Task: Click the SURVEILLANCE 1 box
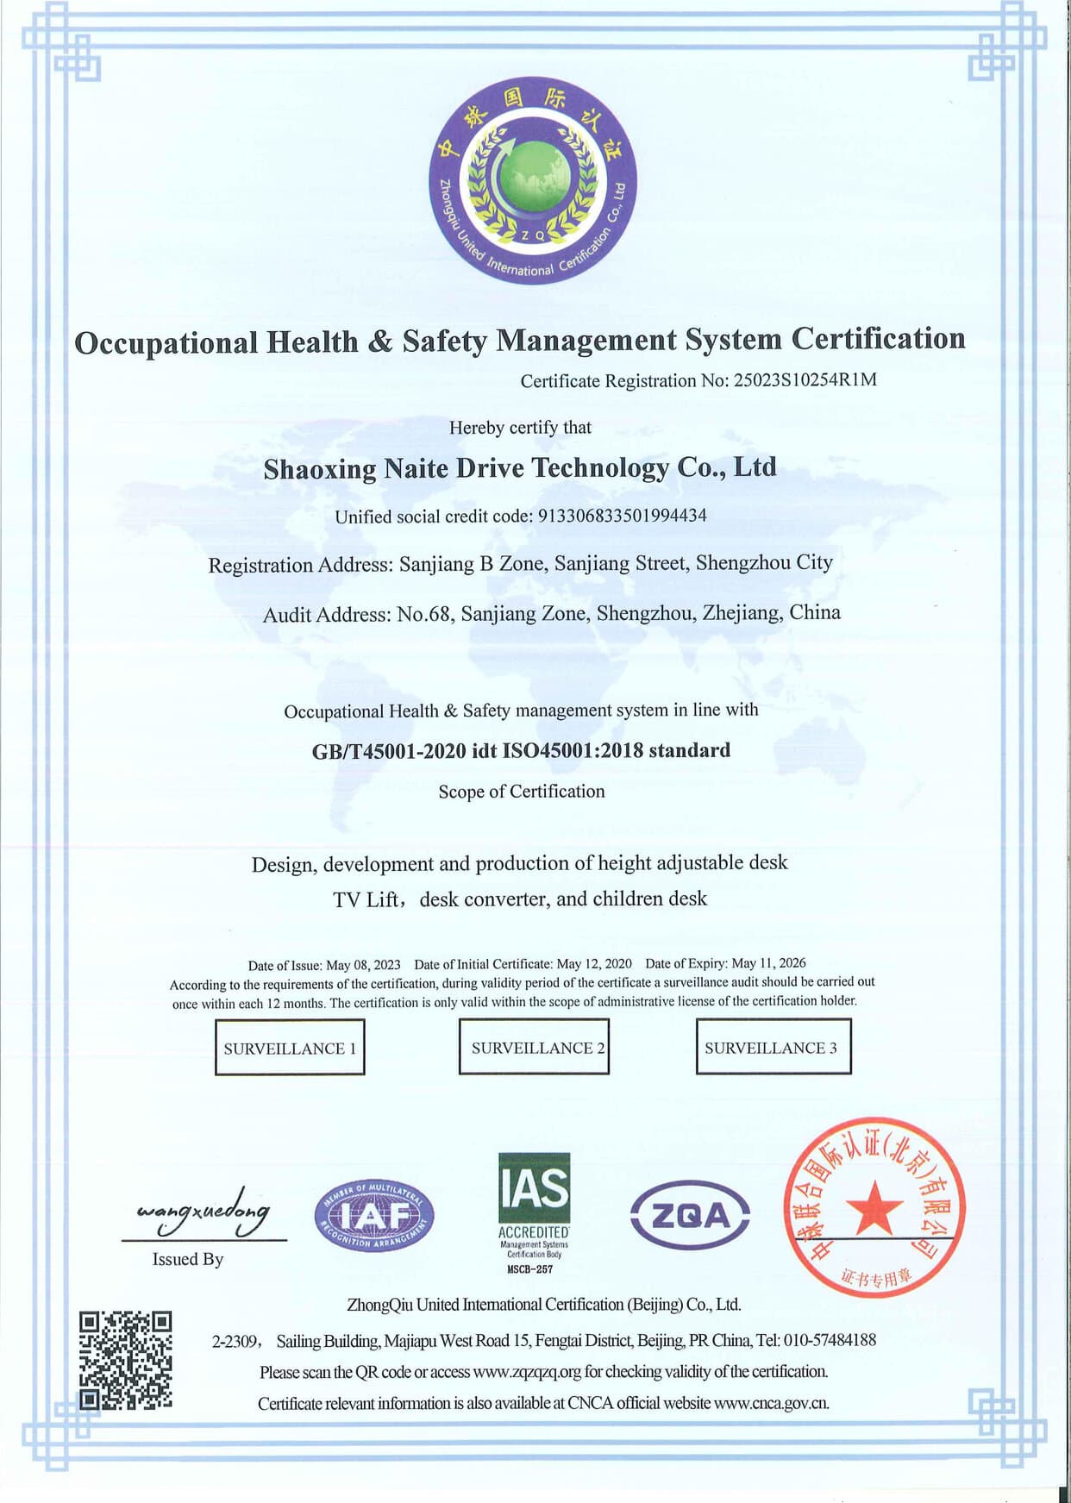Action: click(x=290, y=1048)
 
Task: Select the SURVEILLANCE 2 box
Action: click(x=534, y=1047)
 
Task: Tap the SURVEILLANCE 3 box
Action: click(x=773, y=1047)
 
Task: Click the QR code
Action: click(x=126, y=1360)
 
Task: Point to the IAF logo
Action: click(x=374, y=1216)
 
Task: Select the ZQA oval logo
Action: click(x=690, y=1216)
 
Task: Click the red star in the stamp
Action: click(x=874, y=1206)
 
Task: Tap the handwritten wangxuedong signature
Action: click(x=204, y=1212)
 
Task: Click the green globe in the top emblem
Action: click(x=533, y=178)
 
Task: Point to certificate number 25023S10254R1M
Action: click(x=805, y=380)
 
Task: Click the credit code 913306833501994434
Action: click(x=622, y=516)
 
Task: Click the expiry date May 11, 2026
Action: click(x=768, y=963)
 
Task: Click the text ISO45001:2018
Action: click(x=573, y=750)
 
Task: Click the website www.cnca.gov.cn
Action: click(x=771, y=1403)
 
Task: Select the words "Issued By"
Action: click(x=188, y=1259)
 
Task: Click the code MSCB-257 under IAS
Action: click(x=530, y=1269)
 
